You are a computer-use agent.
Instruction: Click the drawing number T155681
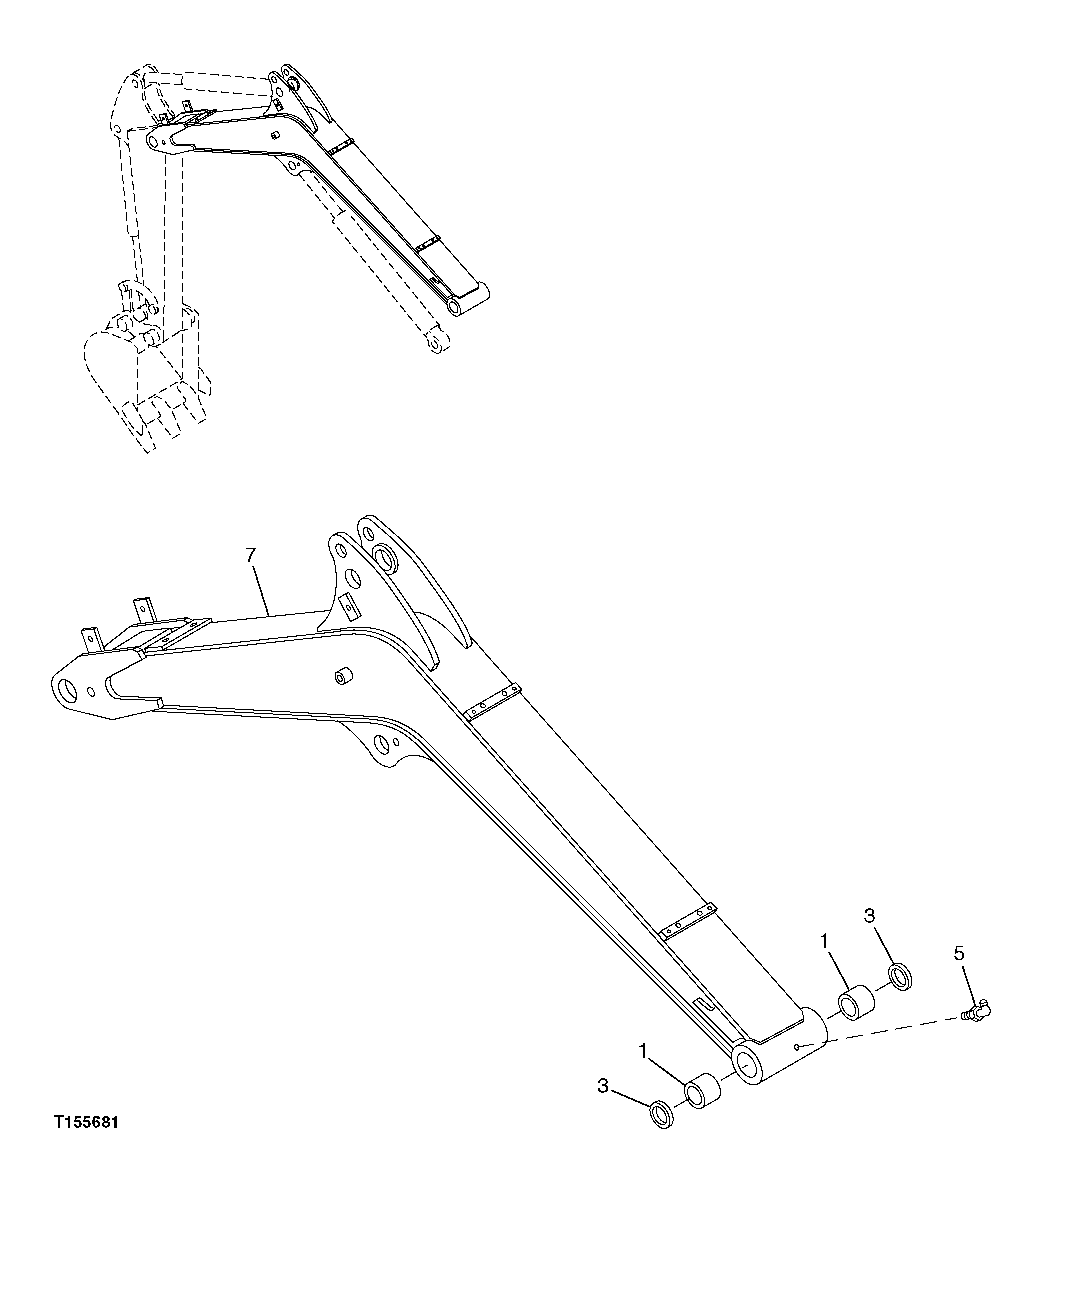point(86,1122)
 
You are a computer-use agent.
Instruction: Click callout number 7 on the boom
point(252,552)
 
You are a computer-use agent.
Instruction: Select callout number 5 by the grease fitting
point(960,953)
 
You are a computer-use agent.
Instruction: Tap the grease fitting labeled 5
point(973,1013)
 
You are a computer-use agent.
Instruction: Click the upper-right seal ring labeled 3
point(900,975)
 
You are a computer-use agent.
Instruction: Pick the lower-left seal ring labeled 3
point(662,1114)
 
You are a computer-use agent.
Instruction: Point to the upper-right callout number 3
point(870,915)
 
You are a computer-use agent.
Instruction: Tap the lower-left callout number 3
point(603,1086)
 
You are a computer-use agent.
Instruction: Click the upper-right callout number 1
point(825,940)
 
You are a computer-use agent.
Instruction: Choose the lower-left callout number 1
point(645,1050)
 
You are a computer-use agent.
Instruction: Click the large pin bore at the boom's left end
point(72,689)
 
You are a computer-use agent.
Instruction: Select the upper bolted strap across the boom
point(493,701)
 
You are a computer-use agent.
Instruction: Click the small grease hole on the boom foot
point(796,1046)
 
